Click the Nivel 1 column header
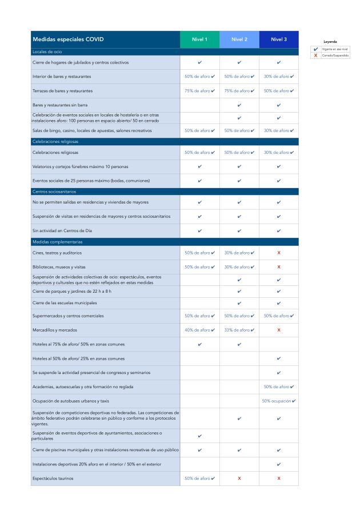click(199, 39)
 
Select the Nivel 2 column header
click(239, 39)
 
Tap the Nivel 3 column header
click(279, 39)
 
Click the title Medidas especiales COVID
click(69, 39)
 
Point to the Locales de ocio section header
click(47, 52)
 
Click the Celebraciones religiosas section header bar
click(55, 141)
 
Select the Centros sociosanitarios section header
click(54, 192)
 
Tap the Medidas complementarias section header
click(57, 242)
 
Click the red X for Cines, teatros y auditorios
click(279, 253)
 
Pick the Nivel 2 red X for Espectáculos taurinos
click(239, 478)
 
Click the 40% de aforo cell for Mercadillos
click(199, 330)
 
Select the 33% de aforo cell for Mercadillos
click(239, 330)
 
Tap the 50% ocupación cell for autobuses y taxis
click(279, 401)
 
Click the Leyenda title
click(330, 42)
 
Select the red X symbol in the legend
click(315, 55)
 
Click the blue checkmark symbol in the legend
click(315, 49)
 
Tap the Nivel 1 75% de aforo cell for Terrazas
click(199, 91)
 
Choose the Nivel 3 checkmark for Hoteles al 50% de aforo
click(279, 358)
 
